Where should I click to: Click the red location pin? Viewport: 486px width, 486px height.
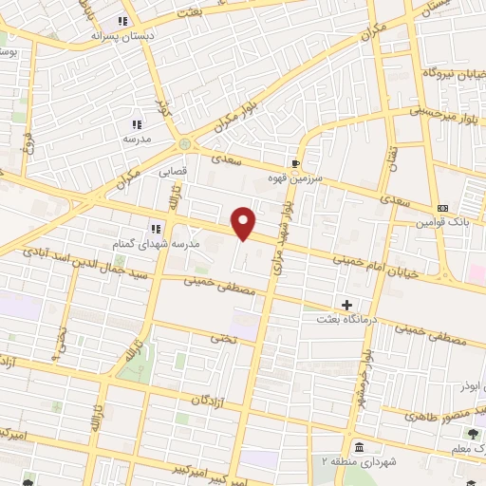244,222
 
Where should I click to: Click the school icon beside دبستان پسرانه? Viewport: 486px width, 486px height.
122,21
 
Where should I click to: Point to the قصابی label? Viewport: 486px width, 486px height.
172,174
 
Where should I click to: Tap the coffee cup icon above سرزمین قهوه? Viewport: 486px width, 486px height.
296,163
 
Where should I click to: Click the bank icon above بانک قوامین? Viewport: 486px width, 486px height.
442,208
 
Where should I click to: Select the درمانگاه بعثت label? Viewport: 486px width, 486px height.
347,320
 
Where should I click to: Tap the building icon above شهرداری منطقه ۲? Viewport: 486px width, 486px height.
358,447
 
